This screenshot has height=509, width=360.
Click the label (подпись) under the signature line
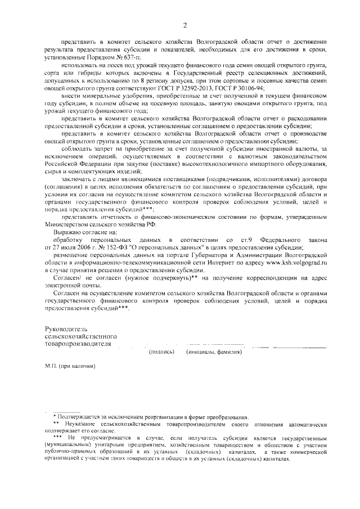[160, 352]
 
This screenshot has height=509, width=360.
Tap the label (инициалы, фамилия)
[214, 352]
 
